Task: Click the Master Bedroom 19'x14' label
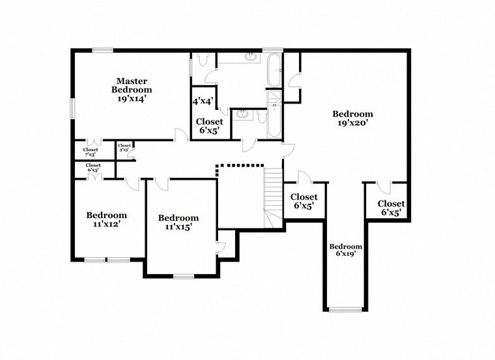[x=132, y=90]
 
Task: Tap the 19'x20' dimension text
[x=352, y=123]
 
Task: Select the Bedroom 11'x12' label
[x=106, y=219]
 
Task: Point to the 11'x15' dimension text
[x=178, y=227]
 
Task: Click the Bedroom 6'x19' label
[x=346, y=249]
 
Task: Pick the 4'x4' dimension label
[x=203, y=102]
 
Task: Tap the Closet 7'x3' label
[x=91, y=152]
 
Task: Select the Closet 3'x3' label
[x=124, y=147]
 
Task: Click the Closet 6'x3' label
[x=93, y=167]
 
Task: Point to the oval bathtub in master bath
[x=274, y=70]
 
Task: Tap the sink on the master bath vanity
[x=251, y=57]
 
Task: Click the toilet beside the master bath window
[x=202, y=59]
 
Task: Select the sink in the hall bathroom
[x=242, y=113]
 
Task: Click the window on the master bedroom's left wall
[x=72, y=109]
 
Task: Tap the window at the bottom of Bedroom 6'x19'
[x=345, y=310]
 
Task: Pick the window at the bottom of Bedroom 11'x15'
[x=184, y=277]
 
